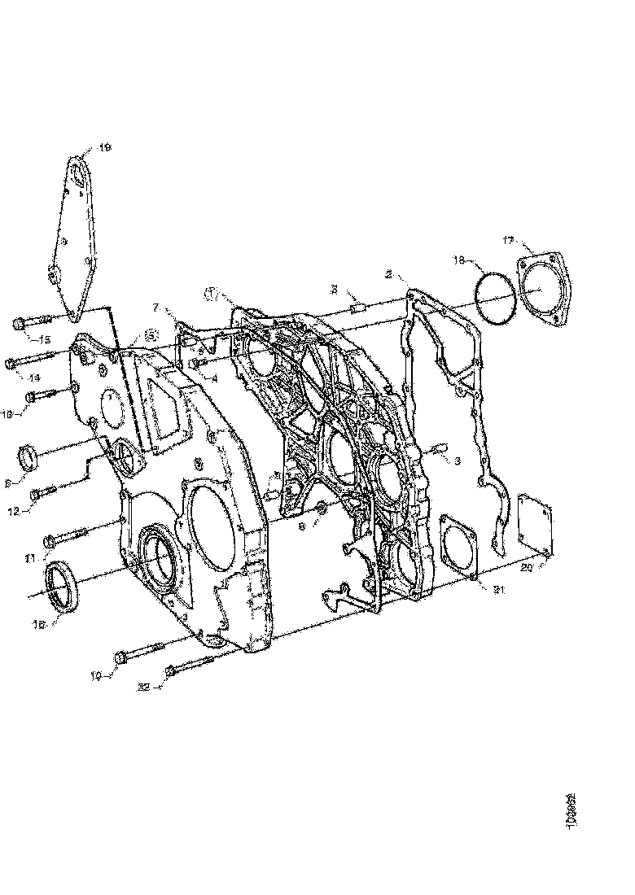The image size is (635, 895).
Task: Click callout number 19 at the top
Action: point(105,147)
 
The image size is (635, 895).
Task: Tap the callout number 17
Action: point(508,240)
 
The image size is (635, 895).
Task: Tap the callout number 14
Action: point(33,378)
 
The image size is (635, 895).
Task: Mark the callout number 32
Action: point(143,688)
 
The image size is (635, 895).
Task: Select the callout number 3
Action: point(458,461)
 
